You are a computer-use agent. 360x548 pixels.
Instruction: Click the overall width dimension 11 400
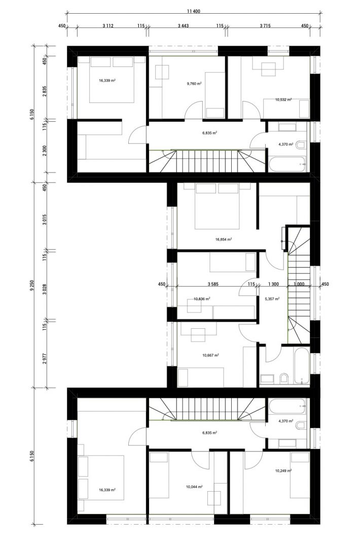click(194, 11)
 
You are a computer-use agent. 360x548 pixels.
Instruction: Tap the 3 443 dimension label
click(183, 25)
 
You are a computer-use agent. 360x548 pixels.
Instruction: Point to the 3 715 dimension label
click(265, 25)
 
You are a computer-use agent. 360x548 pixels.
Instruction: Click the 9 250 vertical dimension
click(32, 285)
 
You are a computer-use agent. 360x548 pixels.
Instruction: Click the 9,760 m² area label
click(194, 84)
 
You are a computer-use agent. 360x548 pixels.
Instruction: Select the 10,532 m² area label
click(283, 99)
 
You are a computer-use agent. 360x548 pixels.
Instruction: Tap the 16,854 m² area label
click(224, 239)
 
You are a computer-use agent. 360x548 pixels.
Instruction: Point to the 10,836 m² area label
click(202, 299)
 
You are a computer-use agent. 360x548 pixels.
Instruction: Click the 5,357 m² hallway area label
click(272, 299)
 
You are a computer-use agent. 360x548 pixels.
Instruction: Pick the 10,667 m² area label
click(210, 355)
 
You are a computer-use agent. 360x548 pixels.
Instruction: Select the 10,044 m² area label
click(194, 487)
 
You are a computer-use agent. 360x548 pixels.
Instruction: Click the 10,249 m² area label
click(283, 470)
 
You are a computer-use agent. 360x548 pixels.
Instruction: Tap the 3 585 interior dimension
click(212, 284)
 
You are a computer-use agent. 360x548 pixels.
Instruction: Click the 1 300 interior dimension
click(273, 284)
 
